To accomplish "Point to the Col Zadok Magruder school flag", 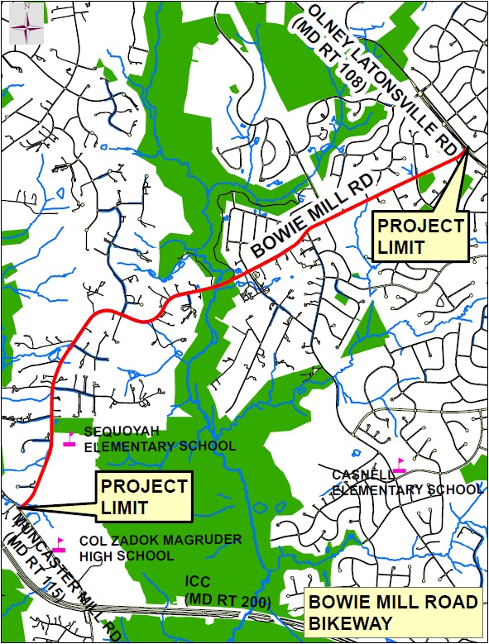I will (x=59, y=545).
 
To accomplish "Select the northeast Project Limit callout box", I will (x=419, y=236).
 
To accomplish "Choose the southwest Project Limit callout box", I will (x=142, y=496).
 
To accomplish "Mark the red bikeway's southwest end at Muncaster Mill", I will (x=20, y=506).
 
